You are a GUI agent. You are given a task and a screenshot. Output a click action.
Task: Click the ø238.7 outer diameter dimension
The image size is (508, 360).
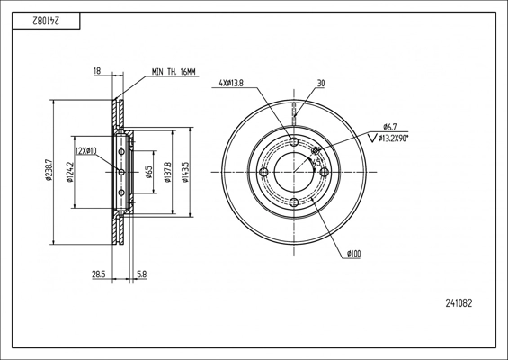pos(49,171)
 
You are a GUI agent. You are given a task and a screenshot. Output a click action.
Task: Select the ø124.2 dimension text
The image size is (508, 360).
pos(70,172)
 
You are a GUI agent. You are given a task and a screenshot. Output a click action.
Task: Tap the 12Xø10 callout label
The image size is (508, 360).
pos(85,151)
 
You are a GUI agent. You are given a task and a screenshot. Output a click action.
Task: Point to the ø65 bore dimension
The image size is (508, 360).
pos(148,172)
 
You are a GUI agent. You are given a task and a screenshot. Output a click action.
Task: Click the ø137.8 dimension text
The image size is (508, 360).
pos(167,172)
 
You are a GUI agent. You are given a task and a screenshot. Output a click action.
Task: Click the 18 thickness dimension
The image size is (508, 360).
pos(97,71)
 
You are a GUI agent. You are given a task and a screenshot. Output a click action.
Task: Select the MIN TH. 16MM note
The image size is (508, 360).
pos(174,72)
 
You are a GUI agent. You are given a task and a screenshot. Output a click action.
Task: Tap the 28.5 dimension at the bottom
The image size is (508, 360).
pos(99,274)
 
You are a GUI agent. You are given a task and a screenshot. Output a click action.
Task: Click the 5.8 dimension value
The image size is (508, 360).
pos(142,274)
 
